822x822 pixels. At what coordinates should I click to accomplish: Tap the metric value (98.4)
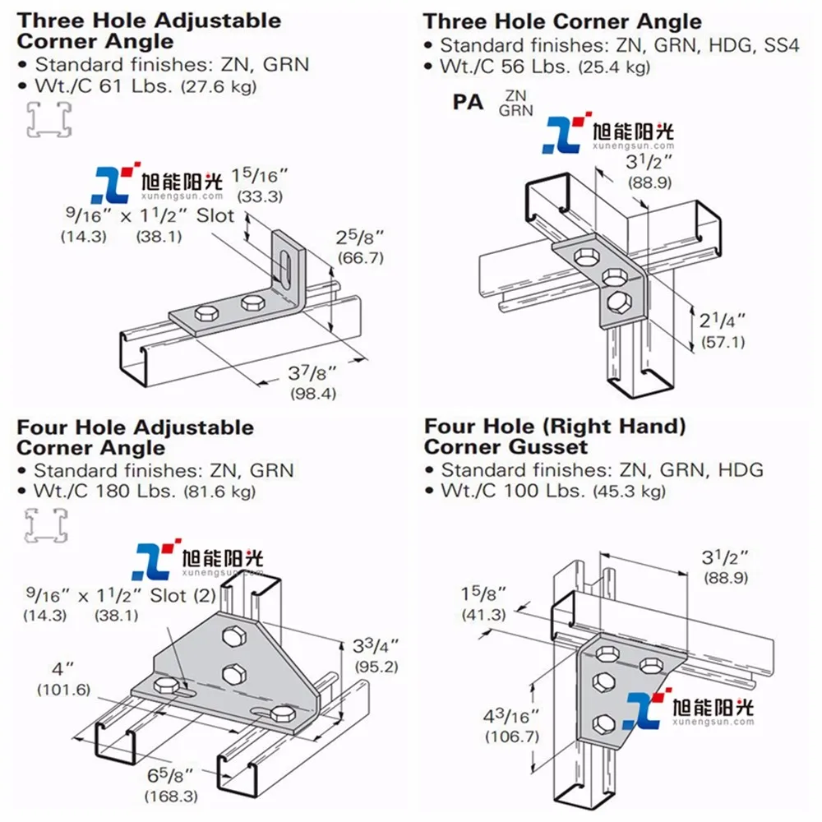click(x=313, y=394)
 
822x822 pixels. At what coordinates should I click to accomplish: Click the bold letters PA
click(x=469, y=103)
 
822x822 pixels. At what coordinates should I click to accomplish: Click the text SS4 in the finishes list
click(x=781, y=46)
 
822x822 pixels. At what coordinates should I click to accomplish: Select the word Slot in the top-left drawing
click(x=216, y=217)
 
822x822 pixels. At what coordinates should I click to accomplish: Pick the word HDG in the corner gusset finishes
click(x=741, y=470)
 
